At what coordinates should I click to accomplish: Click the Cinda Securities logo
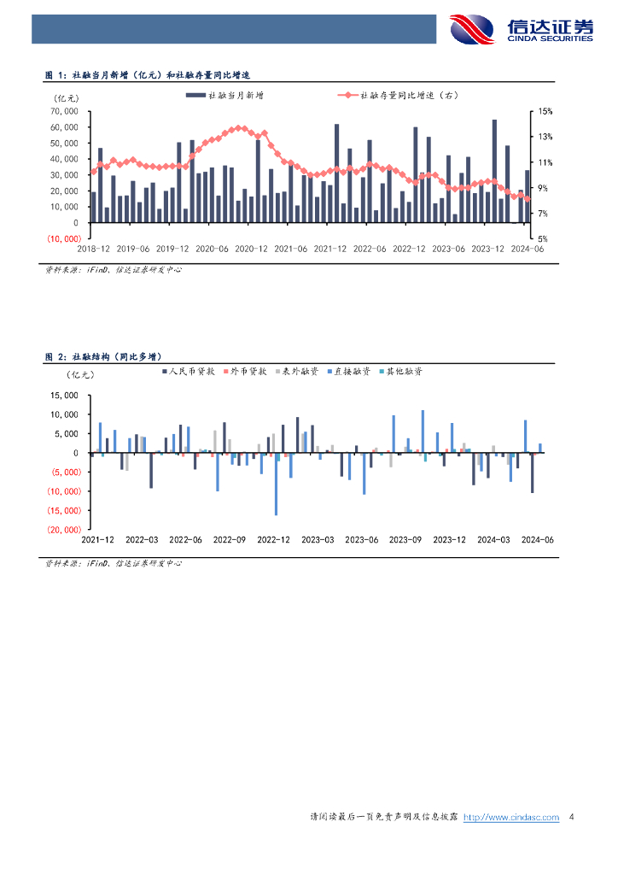tap(522, 29)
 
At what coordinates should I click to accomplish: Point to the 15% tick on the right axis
tap(545, 111)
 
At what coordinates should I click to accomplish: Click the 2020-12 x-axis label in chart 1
tap(251, 249)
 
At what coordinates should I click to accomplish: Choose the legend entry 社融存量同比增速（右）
tap(410, 96)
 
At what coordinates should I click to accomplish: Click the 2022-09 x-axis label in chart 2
tap(229, 539)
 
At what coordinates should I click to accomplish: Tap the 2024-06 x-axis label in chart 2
tap(538, 539)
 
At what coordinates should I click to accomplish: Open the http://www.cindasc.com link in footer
tap(510, 817)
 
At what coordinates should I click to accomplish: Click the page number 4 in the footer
tap(571, 817)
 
